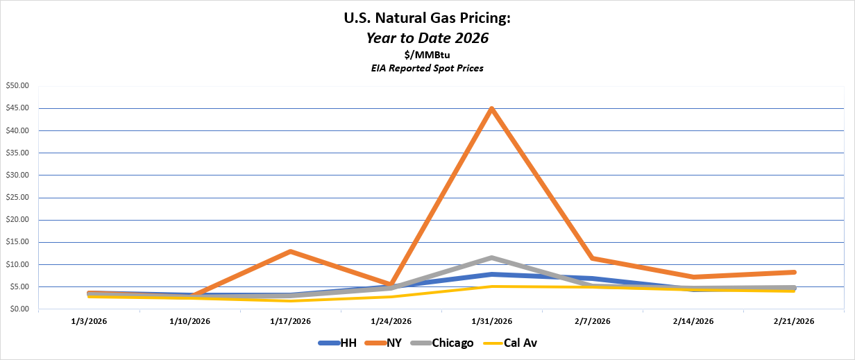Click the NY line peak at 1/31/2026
coord(491,109)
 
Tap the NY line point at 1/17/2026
coord(290,251)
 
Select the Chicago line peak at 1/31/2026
coord(491,258)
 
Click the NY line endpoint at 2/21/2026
coord(793,272)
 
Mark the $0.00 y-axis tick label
coord(19,309)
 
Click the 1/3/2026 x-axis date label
coord(89,321)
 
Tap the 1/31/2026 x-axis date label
coord(491,321)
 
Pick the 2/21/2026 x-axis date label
coord(793,321)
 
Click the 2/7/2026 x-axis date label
coord(592,321)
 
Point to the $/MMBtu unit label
coord(427,55)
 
